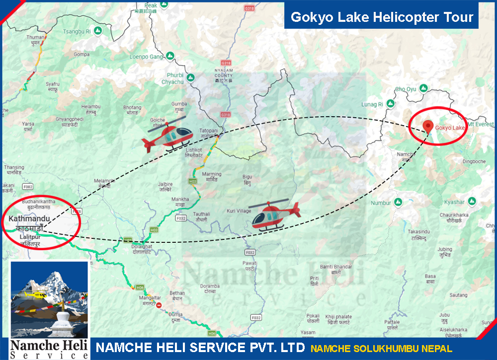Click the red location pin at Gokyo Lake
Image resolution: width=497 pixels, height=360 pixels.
pyautogui.click(x=426, y=126)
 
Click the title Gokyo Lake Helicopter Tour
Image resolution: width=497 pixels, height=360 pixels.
pyautogui.click(x=382, y=17)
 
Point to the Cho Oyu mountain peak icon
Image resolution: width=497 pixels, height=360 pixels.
pyautogui.click(x=423, y=88)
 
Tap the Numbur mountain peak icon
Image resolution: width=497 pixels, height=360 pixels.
pyautogui.click(x=398, y=202)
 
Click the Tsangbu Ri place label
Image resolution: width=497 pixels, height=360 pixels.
pyautogui.click(x=77, y=31)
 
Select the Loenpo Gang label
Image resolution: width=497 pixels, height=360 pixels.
pyautogui.click(x=146, y=57)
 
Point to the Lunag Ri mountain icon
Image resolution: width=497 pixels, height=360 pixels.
pyautogui.click(x=391, y=104)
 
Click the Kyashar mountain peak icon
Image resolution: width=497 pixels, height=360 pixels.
pyautogui.click(x=472, y=201)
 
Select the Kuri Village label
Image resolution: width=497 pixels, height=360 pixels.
pyautogui.click(x=239, y=211)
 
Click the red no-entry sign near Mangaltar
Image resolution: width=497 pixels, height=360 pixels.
pyautogui.click(x=159, y=305)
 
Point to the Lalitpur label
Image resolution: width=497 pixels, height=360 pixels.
pyautogui.click(x=29, y=238)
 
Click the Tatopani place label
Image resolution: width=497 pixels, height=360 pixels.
pyautogui.click(x=209, y=131)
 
